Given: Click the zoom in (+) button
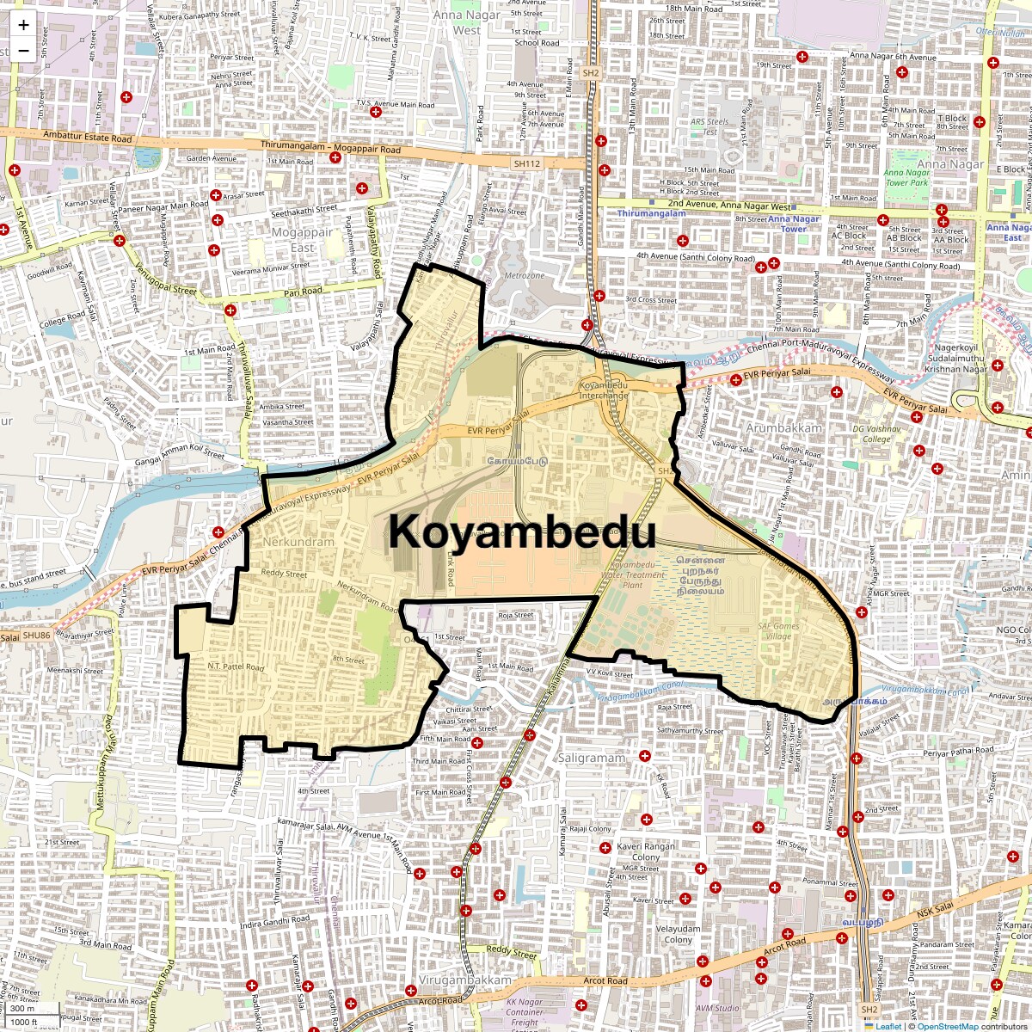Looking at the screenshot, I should pyautogui.click(x=23, y=25).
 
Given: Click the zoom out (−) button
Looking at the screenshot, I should pyautogui.click(x=23, y=50).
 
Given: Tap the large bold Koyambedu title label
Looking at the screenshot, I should pyautogui.click(x=522, y=531).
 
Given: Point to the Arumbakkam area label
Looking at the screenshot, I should pyautogui.click(x=783, y=427).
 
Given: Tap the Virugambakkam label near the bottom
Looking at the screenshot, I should pyautogui.click(x=464, y=980).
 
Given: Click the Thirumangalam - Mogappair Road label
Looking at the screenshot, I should pyautogui.click(x=331, y=147).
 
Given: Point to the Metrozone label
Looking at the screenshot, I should pyautogui.click(x=525, y=275).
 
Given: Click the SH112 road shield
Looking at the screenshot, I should pyautogui.click(x=526, y=163).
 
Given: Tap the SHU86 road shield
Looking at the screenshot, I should pyautogui.click(x=37, y=636).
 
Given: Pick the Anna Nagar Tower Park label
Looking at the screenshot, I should pyautogui.click(x=907, y=178).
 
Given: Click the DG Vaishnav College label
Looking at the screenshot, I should pyautogui.click(x=877, y=433).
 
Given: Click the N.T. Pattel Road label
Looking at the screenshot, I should pyautogui.click(x=236, y=666).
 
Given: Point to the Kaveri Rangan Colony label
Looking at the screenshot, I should pyautogui.click(x=646, y=851).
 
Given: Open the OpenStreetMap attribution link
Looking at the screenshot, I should pyautogui.click(x=948, y=1026).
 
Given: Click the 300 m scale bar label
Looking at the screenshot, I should pyautogui.click(x=23, y=1009).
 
